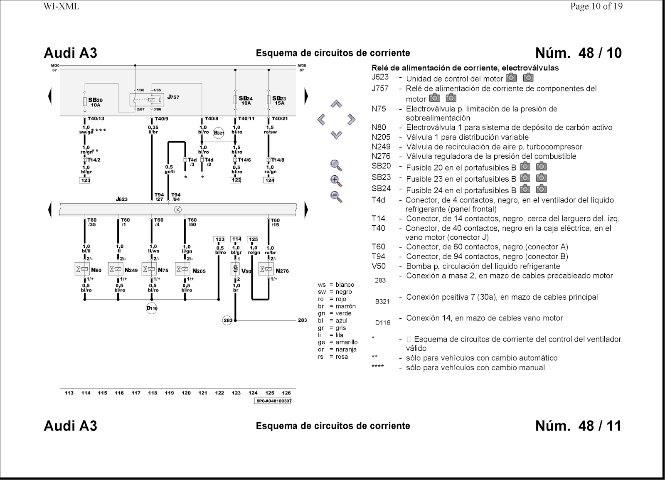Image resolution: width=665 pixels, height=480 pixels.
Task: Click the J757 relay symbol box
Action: click(147, 100)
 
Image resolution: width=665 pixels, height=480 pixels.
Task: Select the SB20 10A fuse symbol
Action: click(85, 101)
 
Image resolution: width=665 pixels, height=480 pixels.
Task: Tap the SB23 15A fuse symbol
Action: click(269, 100)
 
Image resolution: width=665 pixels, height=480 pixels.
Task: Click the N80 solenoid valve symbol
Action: click(82, 269)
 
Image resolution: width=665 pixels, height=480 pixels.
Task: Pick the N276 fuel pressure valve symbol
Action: click(266, 269)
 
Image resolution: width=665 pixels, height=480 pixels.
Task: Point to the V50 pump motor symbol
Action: click(235, 269)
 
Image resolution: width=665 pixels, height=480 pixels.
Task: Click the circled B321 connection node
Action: click(219, 133)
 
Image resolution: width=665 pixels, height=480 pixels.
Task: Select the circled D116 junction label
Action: click(152, 308)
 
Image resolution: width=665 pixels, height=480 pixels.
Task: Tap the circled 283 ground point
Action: click(227, 320)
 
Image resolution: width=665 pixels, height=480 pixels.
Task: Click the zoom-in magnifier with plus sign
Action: click(336, 181)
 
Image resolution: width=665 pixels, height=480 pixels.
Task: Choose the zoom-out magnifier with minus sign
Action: click(336, 197)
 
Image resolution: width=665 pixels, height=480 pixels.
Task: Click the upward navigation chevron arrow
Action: click(336, 104)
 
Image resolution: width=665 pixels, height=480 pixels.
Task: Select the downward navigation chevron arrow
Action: click(336, 135)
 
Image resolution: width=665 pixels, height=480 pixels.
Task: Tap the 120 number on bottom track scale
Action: click(186, 393)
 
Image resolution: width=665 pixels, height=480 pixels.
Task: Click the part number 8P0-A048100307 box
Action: click(273, 401)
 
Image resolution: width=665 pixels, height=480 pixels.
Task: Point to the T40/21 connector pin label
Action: click(279, 118)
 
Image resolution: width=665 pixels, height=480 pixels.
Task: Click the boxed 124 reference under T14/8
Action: click(269, 180)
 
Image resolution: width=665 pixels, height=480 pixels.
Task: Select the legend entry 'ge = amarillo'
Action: click(337, 342)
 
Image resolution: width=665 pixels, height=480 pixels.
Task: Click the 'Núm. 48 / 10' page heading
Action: click(578, 53)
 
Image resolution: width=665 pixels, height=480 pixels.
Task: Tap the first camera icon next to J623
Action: click(512, 78)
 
